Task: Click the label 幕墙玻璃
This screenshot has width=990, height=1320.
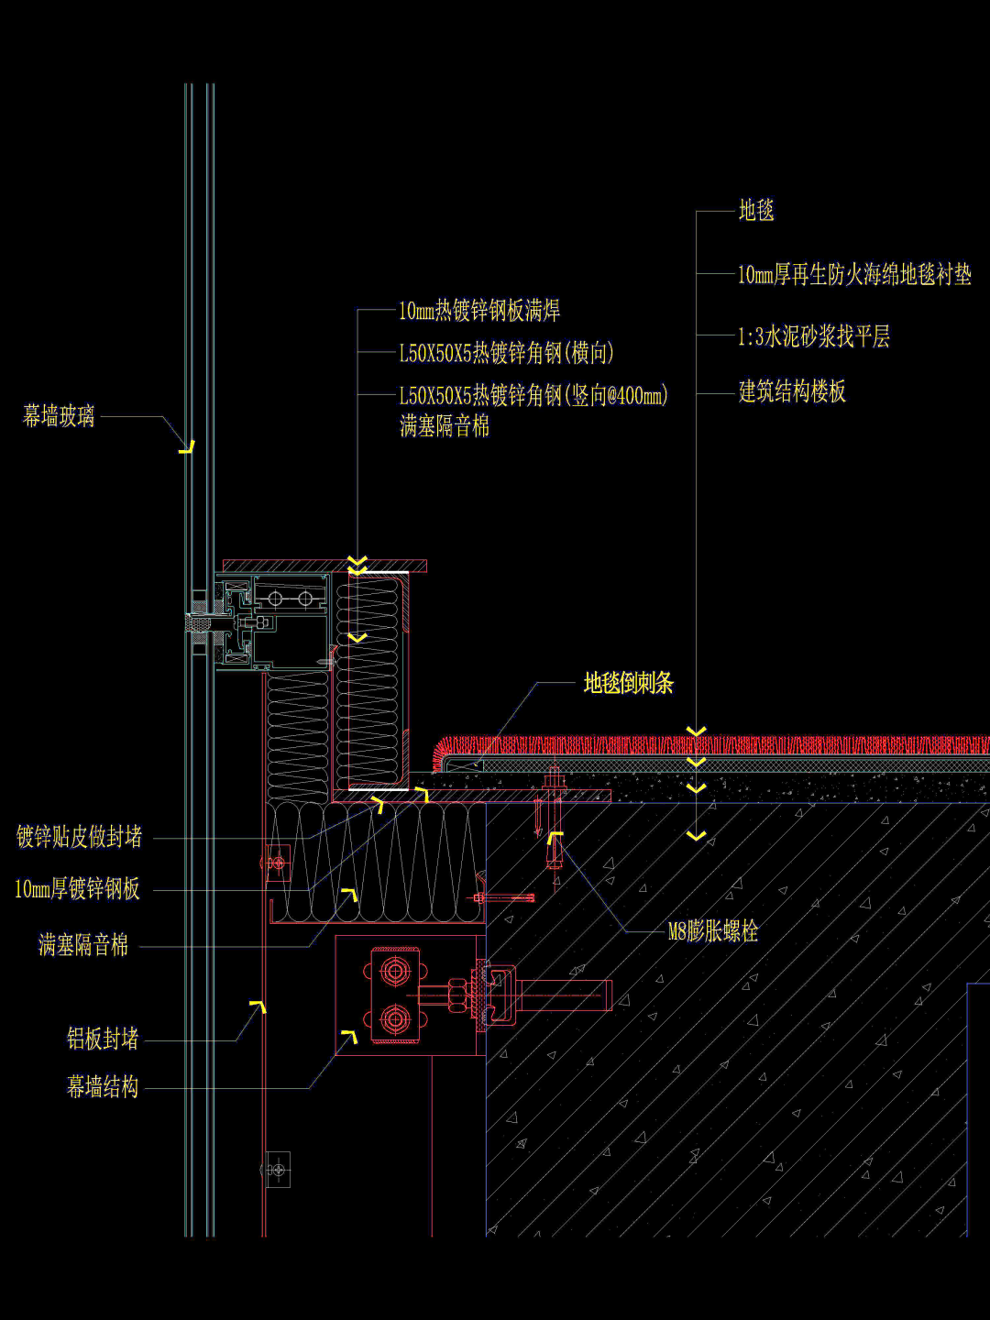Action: (x=59, y=416)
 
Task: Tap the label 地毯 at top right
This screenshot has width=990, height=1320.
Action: (x=756, y=211)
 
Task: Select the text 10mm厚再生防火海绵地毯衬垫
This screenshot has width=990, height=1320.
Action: (x=854, y=274)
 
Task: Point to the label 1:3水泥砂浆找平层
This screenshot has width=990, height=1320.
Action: (x=814, y=336)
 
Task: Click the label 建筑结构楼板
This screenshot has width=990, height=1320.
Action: (x=792, y=392)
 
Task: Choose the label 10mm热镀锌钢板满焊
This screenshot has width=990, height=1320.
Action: (x=479, y=311)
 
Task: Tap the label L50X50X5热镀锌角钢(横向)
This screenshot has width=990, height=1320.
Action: (x=506, y=353)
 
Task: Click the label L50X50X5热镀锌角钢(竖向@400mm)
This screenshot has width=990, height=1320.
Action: (x=533, y=396)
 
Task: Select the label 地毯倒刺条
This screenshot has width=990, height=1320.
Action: (x=629, y=683)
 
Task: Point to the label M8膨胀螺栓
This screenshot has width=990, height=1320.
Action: (x=713, y=932)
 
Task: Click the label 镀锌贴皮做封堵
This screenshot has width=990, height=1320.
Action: (x=80, y=837)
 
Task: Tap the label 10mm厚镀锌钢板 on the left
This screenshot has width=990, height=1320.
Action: (x=78, y=889)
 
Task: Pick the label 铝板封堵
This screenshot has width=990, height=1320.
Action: (x=103, y=1039)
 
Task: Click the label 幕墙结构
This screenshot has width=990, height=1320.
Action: (x=103, y=1087)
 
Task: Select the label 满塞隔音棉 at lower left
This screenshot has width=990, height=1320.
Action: (x=83, y=945)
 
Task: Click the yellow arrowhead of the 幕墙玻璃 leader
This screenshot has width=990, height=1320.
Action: (x=188, y=447)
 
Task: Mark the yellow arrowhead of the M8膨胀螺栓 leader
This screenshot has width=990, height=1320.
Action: (x=555, y=837)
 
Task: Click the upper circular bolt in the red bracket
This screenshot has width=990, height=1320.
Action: (x=395, y=971)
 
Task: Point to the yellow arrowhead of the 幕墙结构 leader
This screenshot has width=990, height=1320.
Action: (x=349, y=1037)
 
